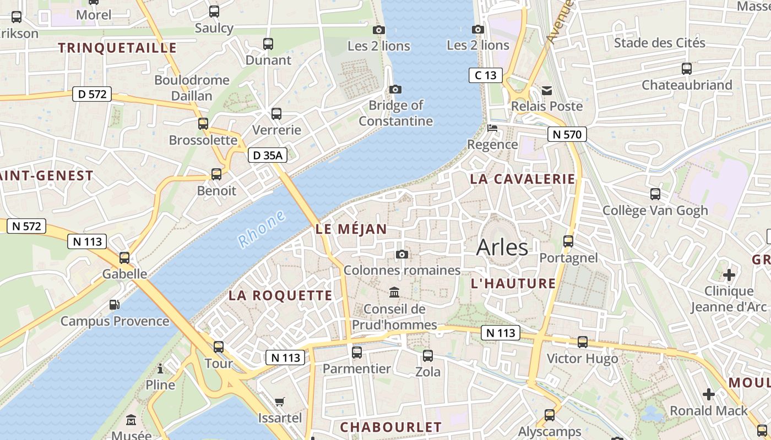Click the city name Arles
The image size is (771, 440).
[502, 248]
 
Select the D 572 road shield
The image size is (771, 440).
[92, 94]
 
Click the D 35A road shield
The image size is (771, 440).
[267, 156]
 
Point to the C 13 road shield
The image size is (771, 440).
[485, 75]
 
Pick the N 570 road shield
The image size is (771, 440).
[567, 134]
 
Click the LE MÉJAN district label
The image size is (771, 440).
[351, 229]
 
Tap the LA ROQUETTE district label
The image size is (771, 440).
[280, 295]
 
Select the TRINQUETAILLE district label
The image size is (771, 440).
[117, 48]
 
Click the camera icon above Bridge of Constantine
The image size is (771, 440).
[395, 89]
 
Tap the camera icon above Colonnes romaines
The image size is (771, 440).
[402, 254]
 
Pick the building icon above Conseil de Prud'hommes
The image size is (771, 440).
[394, 292]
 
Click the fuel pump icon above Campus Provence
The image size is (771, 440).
[115, 304]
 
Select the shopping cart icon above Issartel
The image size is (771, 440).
[280, 402]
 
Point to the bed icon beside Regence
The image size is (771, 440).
[492, 128]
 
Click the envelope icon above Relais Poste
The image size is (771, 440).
[547, 90]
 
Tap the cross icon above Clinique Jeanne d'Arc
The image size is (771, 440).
[729, 274]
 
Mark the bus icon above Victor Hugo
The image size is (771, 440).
[583, 342]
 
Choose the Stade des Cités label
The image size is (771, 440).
[659, 43]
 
